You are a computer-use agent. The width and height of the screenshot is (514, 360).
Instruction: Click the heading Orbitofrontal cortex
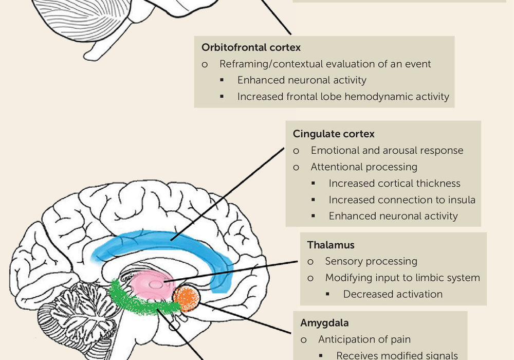(251, 47)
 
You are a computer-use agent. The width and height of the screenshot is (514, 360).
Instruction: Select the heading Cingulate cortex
(334, 134)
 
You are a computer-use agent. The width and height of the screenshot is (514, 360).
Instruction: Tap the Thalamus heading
(331, 245)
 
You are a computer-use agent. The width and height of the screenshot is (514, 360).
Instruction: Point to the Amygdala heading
(324, 323)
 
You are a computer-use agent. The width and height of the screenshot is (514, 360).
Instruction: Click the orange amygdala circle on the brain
(186, 299)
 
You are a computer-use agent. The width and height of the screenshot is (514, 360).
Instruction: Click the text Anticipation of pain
(364, 339)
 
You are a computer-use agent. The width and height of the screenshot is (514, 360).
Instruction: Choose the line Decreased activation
(393, 294)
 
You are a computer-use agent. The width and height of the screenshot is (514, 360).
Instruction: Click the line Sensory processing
(371, 261)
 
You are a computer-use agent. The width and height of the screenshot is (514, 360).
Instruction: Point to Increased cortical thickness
(394, 183)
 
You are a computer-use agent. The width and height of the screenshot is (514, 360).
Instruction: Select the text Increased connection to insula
(402, 200)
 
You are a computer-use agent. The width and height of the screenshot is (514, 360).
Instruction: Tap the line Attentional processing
(364, 167)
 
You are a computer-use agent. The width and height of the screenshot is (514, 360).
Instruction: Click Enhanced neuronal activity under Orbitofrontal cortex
(302, 80)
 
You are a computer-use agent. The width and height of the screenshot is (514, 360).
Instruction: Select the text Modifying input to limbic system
(402, 278)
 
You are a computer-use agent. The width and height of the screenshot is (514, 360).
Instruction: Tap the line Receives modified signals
(397, 355)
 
